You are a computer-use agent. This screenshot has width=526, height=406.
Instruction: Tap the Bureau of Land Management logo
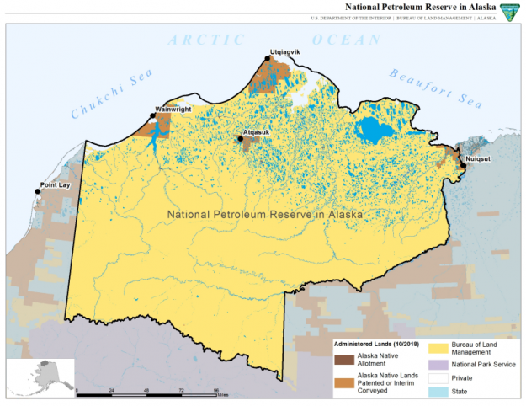tap(510, 10)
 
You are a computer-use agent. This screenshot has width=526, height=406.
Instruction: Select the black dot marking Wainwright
tap(152, 115)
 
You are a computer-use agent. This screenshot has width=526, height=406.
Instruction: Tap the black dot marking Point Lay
tap(37, 192)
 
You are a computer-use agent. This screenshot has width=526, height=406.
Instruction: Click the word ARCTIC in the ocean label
tap(207, 39)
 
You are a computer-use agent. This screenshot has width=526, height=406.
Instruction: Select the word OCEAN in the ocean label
tap(345, 40)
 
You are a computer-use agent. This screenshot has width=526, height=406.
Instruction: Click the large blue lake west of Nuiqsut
tap(371, 130)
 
